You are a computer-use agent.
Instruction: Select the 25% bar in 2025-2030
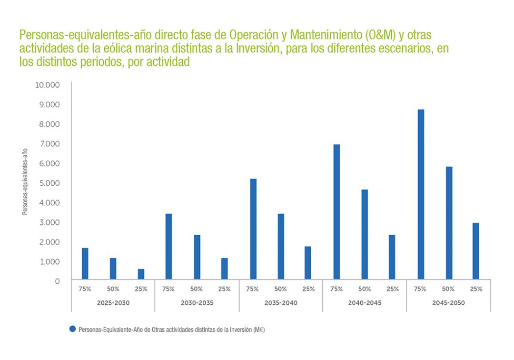[x=141, y=274]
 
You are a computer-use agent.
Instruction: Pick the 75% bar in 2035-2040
[x=253, y=229]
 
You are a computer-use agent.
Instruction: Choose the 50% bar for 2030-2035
[x=197, y=257]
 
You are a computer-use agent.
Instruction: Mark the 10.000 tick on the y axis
[x=47, y=85]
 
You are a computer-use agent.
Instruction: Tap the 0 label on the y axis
[x=57, y=281]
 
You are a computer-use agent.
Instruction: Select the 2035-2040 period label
[x=281, y=302]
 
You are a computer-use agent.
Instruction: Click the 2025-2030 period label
[x=113, y=302]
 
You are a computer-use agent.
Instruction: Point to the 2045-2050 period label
[x=448, y=302]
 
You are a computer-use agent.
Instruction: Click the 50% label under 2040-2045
[x=365, y=289]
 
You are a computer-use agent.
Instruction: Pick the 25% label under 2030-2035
[x=224, y=289]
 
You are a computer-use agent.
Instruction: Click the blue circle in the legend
[x=73, y=329]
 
